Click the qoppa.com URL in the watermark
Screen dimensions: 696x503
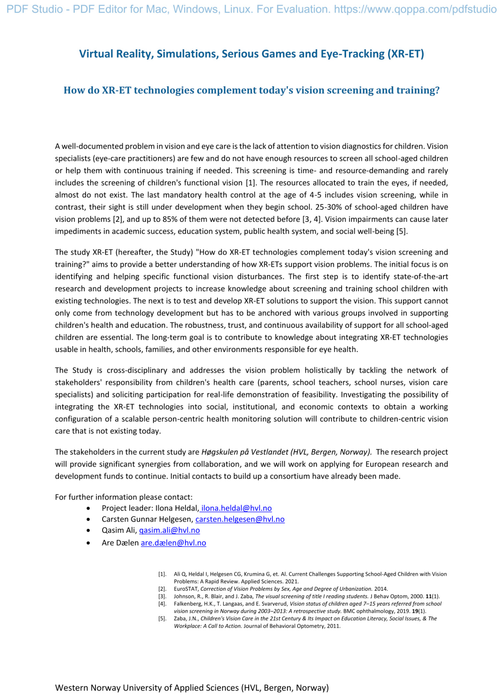tap(415, 9)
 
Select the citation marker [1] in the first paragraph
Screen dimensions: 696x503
tap(251, 182)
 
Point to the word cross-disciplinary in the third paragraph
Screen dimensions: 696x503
tap(137, 370)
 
